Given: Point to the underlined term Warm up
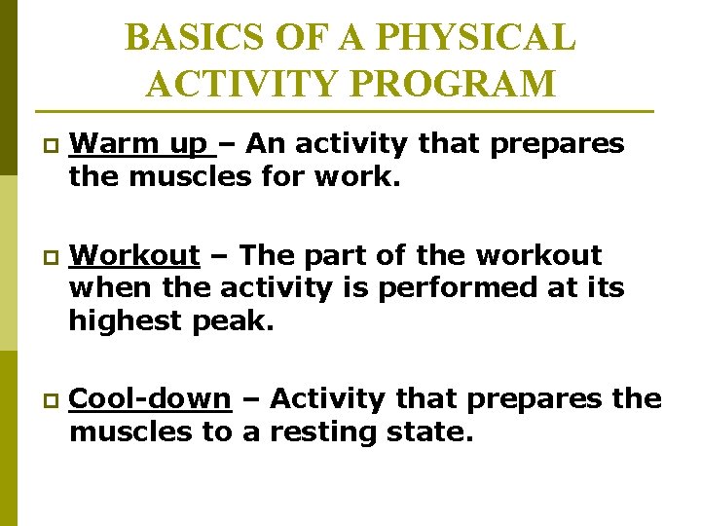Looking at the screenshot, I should (142, 144).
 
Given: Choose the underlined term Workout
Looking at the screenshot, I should (135, 255).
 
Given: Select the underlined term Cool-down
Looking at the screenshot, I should (151, 398).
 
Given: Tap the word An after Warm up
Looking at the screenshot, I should (262, 144).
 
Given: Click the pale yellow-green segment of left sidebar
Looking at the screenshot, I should (8, 263).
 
